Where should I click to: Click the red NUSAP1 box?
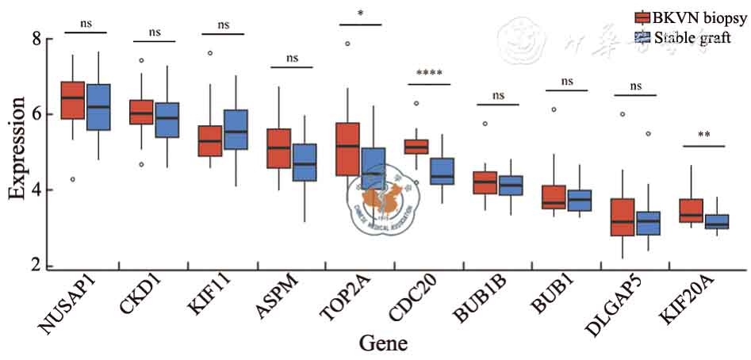point(73,100)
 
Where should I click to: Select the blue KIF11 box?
point(236,129)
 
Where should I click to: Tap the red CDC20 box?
point(416,146)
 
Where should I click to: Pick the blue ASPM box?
point(305,162)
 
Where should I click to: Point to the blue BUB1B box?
point(511,185)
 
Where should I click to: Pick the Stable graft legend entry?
point(683,36)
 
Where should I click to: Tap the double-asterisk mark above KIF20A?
point(703,136)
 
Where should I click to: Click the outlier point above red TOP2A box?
point(347,44)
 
